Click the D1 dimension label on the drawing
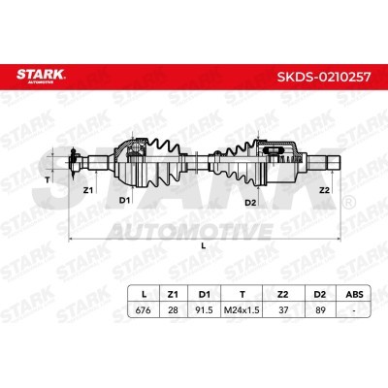[124, 201]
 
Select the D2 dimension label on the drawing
[249, 201]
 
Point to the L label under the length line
[203, 246]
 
